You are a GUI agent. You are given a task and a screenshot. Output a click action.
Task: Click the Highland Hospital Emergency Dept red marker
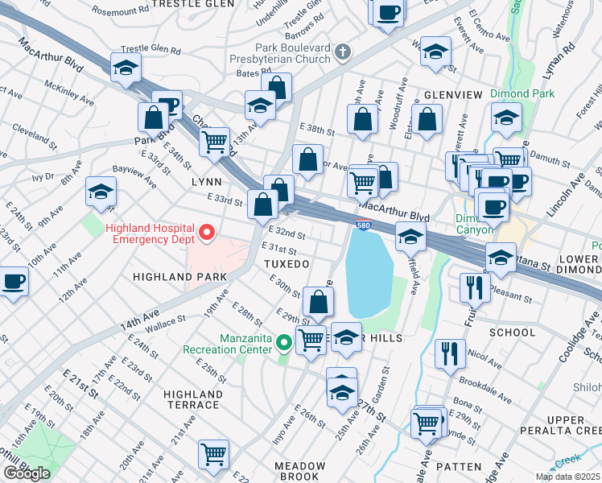click(x=206, y=234)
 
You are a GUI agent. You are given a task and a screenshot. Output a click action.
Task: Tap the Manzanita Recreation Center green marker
click(x=283, y=343)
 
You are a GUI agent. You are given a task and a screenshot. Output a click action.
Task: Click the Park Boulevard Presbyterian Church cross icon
click(x=343, y=53)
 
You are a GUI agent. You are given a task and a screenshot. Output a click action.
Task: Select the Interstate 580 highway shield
click(x=364, y=224)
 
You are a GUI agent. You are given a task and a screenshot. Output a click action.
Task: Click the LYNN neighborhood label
click(x=206, y=183)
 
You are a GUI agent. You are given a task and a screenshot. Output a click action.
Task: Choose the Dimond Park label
click(x=522, y=93)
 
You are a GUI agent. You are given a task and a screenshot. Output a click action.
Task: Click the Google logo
click(x=26, y=473)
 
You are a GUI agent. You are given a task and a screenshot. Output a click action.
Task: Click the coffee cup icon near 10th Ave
click(x=12, y=283)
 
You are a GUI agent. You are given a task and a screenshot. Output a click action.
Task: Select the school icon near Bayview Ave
click(x=101, y=192)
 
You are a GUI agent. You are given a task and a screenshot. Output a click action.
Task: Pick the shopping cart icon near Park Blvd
click(x=215, y=142)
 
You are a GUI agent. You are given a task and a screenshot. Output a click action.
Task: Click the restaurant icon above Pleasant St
click(x=474, y=287)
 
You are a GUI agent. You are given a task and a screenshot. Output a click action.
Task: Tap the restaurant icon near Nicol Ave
click(x=448, y=353)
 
